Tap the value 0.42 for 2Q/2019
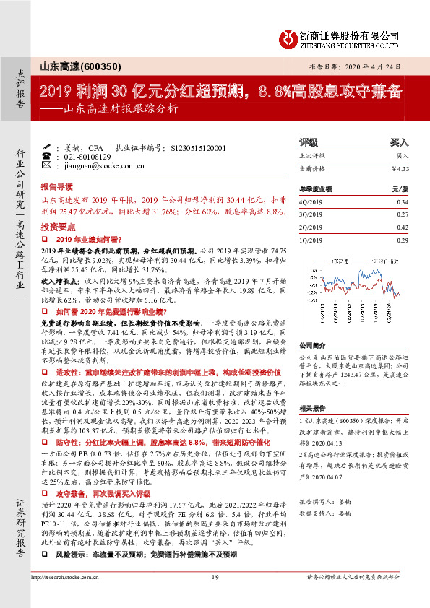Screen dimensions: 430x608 click(x=403, y=227)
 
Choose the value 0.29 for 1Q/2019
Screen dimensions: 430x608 click(x=403, y=239)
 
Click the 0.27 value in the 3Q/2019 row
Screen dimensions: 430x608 click(x=403, y=214)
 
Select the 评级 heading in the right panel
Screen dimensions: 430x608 click(x=309, y=143)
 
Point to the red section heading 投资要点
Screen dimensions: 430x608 click(x=56, y=226)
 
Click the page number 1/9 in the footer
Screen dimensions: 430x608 click(x=215, y=596)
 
